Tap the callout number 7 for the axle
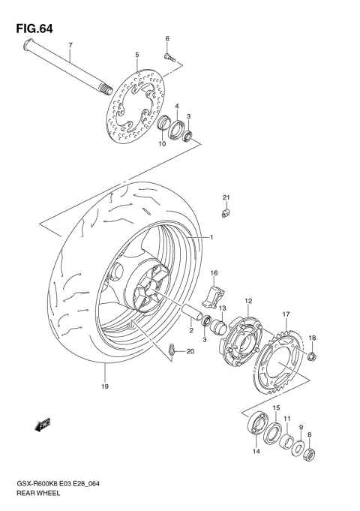point(70,45)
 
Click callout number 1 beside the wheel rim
point(212,238)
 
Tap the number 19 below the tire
point(105,386)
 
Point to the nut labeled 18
point(313,355)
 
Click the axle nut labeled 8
point(312,453)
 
